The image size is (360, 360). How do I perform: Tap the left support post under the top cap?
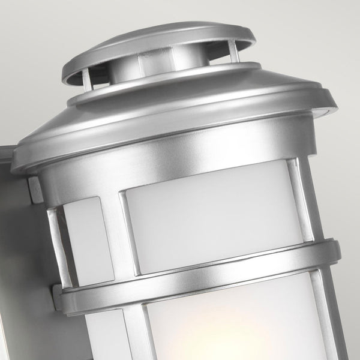pyautogui.click(x=88, y=79)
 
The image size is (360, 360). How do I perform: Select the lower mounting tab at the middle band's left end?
pyautogui.click(x=58, y=297)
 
